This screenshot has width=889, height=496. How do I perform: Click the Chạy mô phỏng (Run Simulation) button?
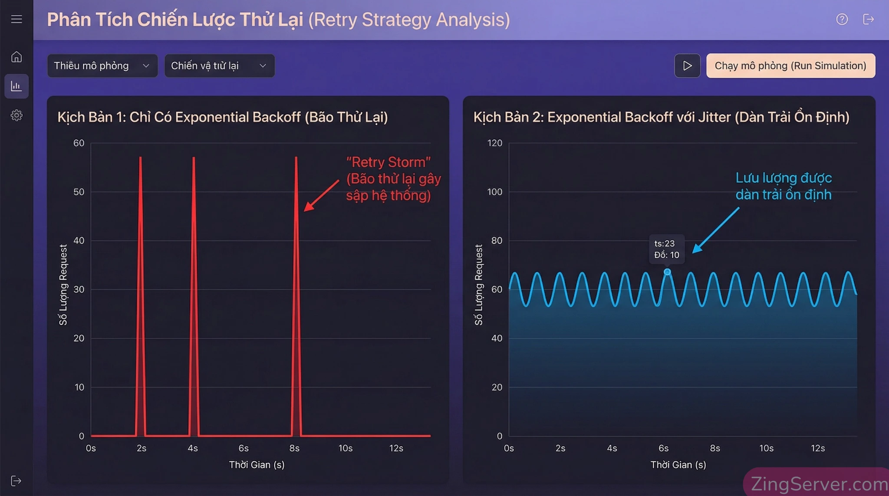[x=790, y=66]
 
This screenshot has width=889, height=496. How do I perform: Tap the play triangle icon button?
[x=687, y=66]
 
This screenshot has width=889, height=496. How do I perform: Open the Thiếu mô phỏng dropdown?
[x=102, y=66]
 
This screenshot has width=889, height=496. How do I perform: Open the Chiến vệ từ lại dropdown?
[x=219, y=66]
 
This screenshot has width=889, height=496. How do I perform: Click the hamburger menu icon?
[x=16, y=19]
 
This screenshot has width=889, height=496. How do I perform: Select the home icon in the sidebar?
[x=16, y=57]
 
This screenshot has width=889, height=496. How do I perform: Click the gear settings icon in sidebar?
[x=16, y=115]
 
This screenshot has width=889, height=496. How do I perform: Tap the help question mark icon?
[x=842, y=19]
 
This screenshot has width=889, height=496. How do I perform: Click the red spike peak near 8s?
[x=296, y=158]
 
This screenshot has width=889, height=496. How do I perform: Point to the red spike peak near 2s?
[x=140, y=158]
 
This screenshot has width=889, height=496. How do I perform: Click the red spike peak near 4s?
[x=194, y=158]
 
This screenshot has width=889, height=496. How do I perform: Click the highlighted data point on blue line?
[x=667, y=272]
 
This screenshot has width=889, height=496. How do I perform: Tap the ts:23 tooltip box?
[x=667, y=249]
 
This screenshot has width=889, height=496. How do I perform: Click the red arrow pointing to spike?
[x=321, y=196]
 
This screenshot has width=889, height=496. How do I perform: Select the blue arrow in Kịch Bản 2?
[x=715, y=230]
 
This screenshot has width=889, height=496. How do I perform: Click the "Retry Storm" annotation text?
[x=389, y=162]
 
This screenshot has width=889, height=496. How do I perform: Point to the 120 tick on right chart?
[x=494, y=143]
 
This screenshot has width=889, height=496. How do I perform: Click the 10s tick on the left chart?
[x=345, y=448]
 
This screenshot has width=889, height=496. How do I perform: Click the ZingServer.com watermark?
[x=818, y=483]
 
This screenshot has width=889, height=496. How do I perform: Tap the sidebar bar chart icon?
[x=16, y=86]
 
